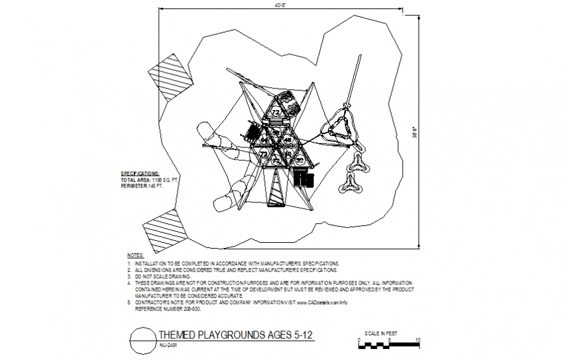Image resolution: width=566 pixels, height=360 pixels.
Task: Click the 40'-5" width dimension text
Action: [282, 6]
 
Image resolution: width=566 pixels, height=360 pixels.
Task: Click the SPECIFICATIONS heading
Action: [140, 173]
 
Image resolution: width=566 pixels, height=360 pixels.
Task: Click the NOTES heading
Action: [135, 255]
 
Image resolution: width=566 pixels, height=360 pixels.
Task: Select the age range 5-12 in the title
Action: [302, 335]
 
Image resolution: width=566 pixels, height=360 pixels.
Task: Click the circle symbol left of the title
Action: [142, 339]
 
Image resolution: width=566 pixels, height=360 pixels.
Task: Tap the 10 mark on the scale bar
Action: [416, 340]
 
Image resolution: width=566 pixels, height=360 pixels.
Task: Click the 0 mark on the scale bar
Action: [358, 340]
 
